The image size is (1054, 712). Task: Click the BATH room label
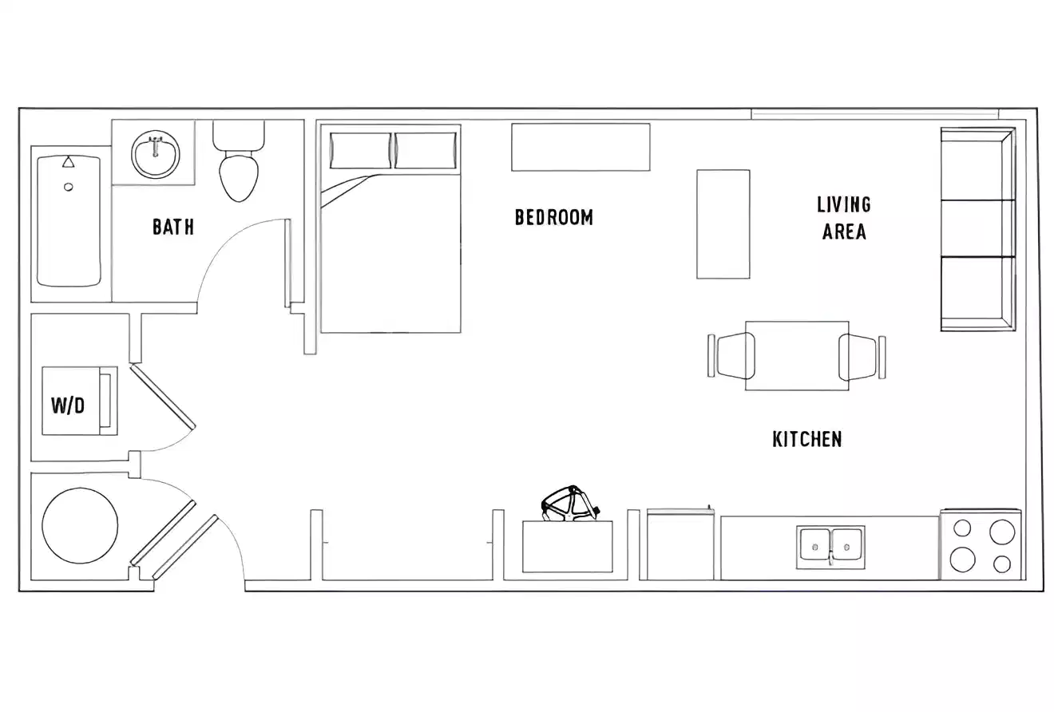click(173, 227)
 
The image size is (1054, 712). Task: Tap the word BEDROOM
click(553, 217)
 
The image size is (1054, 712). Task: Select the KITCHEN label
click(806, 439)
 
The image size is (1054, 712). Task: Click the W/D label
click(68, 405)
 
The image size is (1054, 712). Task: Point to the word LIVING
click(843, 204)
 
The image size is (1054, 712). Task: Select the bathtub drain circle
click(69, 187)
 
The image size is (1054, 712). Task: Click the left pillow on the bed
click(360, 151)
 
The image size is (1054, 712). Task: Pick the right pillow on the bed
click(426, 151)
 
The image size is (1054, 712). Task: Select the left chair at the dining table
click(734, 355)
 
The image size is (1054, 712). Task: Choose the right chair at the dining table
click(859, 357)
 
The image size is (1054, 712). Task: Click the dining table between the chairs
click(797, 356)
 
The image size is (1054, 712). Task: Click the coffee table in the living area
click(723, 224)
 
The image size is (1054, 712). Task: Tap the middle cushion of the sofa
click(977, 228)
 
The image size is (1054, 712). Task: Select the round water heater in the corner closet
click(80, 525)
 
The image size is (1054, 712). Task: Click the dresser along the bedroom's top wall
click(580, 147)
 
